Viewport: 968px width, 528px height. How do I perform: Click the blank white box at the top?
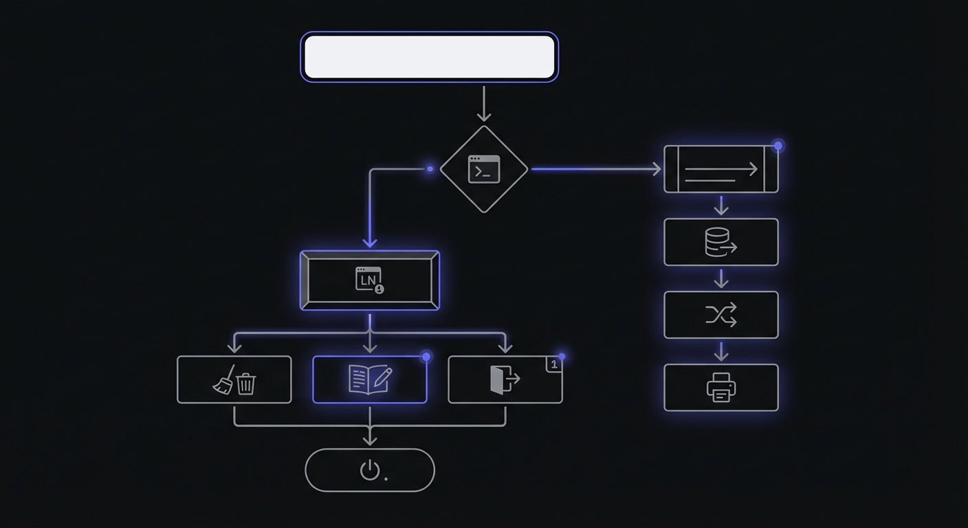click(x=430, y=57)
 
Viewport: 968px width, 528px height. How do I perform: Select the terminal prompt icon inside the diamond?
click(x=484, y=169)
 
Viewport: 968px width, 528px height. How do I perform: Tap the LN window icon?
click(x=369, y=280)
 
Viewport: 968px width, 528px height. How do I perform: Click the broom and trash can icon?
click(x=234, y=379)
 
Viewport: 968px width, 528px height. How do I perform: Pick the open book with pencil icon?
click(x=370, y=379)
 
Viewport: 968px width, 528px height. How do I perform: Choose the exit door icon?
click(x=504, y=379)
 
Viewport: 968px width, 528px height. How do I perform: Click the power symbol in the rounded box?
click(x=370, y=470)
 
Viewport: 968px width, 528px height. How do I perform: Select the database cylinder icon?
click(x=720, y=243)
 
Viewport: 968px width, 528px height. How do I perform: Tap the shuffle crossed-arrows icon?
click(x=720, y=316)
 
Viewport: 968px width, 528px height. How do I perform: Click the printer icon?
click(x=720, y=388)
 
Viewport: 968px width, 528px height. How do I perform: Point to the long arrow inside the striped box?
click(x=721, y=169)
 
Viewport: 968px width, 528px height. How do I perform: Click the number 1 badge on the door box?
click(x=554, y=364)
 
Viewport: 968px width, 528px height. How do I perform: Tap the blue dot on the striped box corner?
click(x=778, y=146)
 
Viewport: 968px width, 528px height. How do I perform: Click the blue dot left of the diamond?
click(x=430, y=169)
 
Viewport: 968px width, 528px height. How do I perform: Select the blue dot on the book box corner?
click(x=426, y=356)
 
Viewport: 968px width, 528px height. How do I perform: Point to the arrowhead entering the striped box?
click(x=655, y=169)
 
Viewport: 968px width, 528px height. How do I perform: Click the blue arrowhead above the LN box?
click(x=370, y=241)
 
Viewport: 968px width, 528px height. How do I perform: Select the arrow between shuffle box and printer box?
click(x=720, y=351)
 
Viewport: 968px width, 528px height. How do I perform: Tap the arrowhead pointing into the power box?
click(x=370, y=439)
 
